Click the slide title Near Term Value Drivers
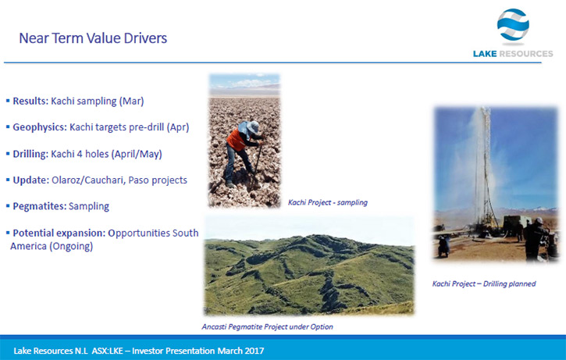point(93,38)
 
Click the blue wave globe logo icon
point(513,24)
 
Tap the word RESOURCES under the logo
point(525,54)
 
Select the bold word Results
point(30,101)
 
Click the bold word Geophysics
point(40,127)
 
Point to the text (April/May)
point(137,154)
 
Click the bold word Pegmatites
point(39,206)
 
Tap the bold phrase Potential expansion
point(59,233)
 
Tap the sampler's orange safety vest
point(237,139)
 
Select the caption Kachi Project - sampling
point(327,202)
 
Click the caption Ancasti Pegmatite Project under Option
point(267,326)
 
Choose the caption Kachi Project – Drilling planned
point(484,283)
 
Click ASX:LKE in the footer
point(107,351)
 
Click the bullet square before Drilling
point(8,154)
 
